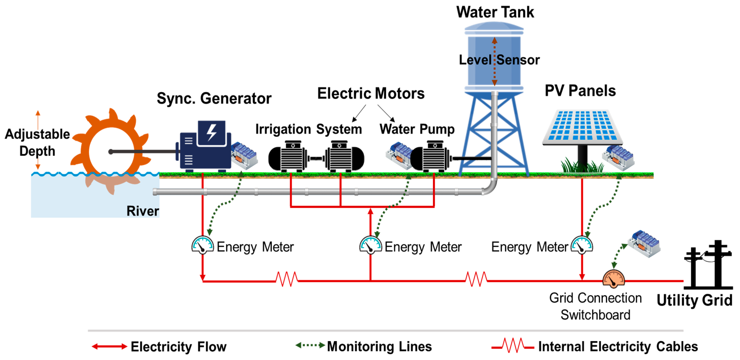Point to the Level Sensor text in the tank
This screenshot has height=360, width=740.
[x=499, y=60]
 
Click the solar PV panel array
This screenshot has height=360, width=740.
[x=582, y=126]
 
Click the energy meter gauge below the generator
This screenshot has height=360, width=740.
[x=202, y=245]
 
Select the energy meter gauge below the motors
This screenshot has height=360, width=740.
[x=370, y=245]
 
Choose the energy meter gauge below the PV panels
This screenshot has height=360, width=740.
[x=582, y=245]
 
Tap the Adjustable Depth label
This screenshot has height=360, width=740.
[x=37, y=142]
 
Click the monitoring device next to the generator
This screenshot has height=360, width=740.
[x=244, y=155]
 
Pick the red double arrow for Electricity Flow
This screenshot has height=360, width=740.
[x=109, y=346]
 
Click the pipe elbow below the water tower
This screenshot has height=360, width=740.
[x=491, y=188]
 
